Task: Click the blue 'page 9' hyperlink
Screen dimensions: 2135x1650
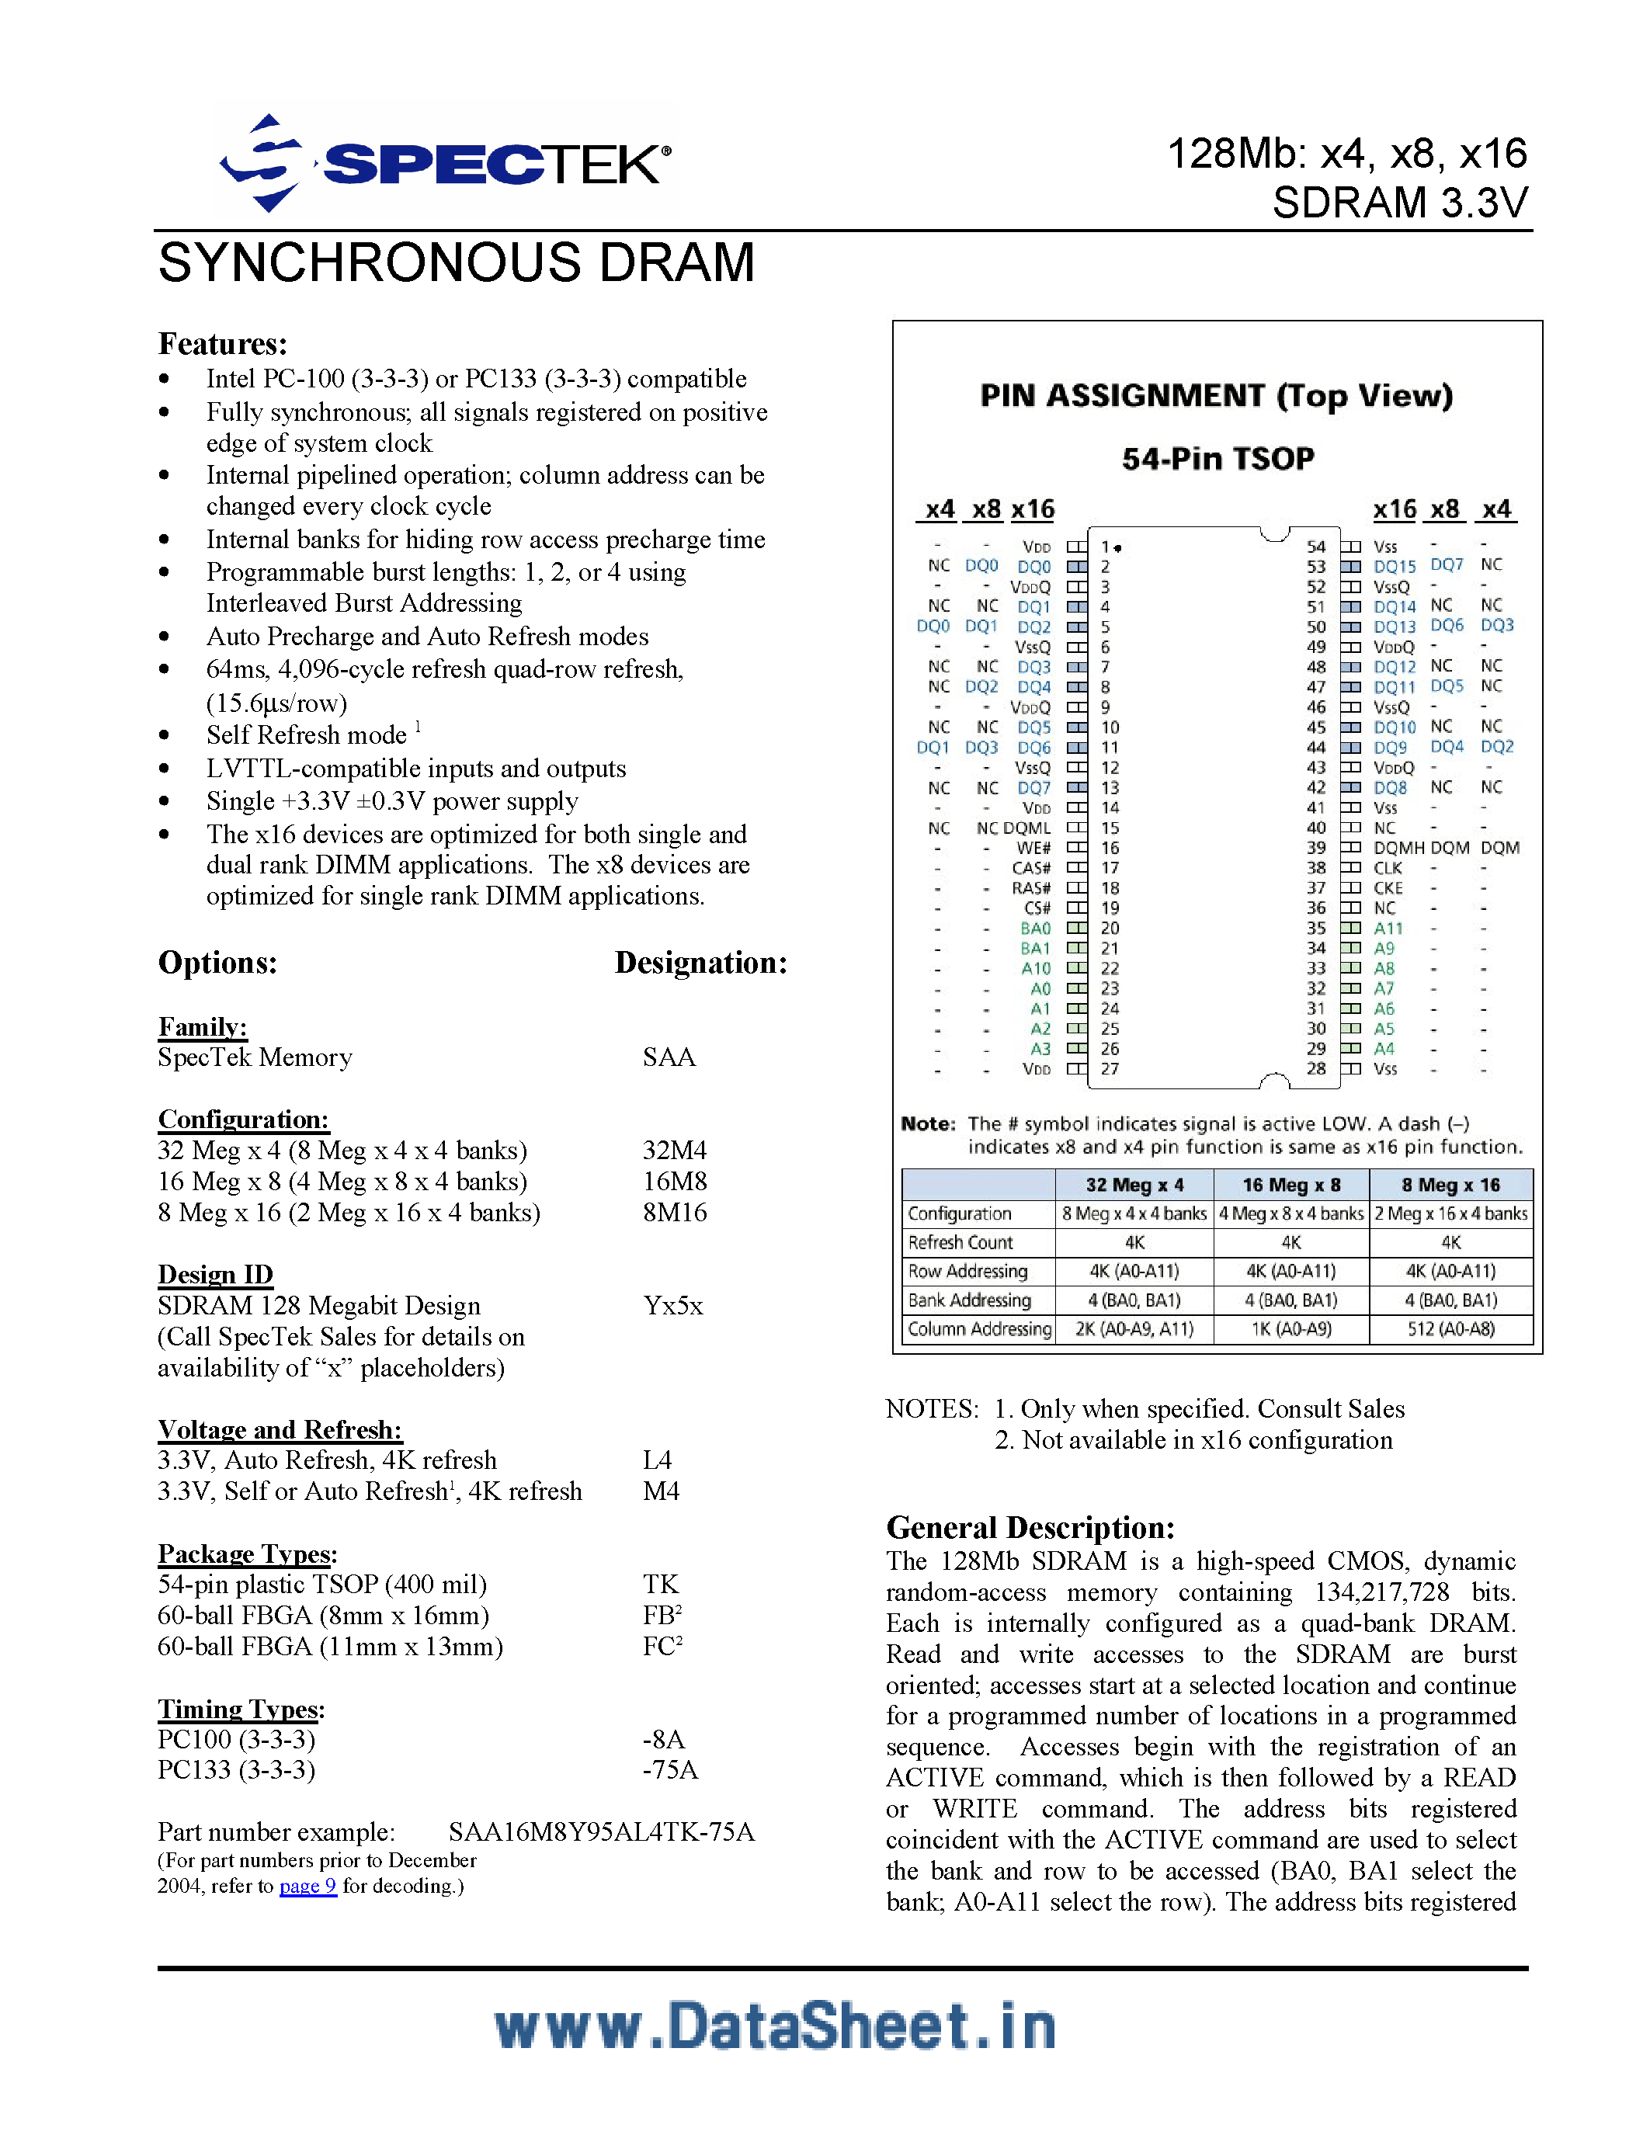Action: [308, 1886]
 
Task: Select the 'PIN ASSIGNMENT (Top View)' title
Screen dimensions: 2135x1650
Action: [1216, 396]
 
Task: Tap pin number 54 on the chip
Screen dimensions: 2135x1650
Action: [1315, 547]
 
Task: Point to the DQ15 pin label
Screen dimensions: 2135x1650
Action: [1394, 567]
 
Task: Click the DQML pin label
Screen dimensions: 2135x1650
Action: [1026, 828]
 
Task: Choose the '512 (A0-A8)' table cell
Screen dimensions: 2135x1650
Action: [1450, 1329]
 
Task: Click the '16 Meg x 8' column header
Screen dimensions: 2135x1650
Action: [1290, 1185]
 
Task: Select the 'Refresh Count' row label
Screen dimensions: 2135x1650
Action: [960, 1242]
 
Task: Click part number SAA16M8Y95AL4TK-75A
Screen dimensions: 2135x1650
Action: [601, 1832]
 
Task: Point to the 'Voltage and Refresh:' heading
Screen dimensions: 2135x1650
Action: [280, 1430]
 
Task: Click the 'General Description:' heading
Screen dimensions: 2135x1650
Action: [1030, 1528]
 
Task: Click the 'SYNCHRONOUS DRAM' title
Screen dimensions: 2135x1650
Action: [457, 263]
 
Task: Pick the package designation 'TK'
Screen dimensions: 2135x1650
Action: [660, 1585]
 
